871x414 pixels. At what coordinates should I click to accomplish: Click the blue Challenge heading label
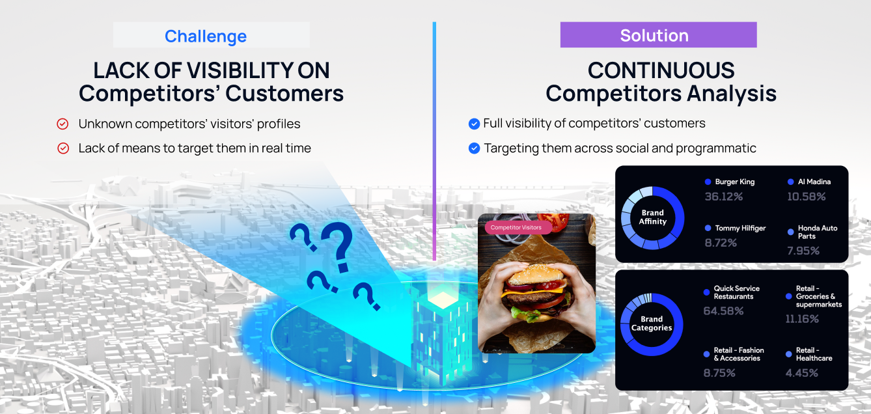tap(206, 36)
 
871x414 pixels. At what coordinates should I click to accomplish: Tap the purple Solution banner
tap(658, 34)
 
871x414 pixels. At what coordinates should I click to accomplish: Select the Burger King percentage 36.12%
tap(724, 197)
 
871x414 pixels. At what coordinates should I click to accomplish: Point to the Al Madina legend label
tap(814, 182)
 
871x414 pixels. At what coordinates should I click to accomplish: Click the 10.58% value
tap(806, 197)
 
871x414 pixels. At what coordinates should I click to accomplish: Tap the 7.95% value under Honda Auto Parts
tap(803, 251)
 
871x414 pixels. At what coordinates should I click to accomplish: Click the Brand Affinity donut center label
tap(652, 217)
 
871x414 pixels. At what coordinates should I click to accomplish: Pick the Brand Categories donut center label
tap(652, 324)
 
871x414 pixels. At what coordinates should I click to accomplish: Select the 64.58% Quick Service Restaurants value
tap(723, 311)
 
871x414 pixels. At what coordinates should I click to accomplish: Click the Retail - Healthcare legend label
tap(814, 354)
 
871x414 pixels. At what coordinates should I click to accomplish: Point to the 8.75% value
tap(719, 373)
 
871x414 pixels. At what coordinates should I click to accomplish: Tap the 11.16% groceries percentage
tap(802, 319)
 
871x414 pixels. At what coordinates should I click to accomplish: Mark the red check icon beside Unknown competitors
tap(62, 124)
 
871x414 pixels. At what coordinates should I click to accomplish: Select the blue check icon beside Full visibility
tap(474, 124)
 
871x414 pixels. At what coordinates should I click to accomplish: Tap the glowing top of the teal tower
tap(442, 299)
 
